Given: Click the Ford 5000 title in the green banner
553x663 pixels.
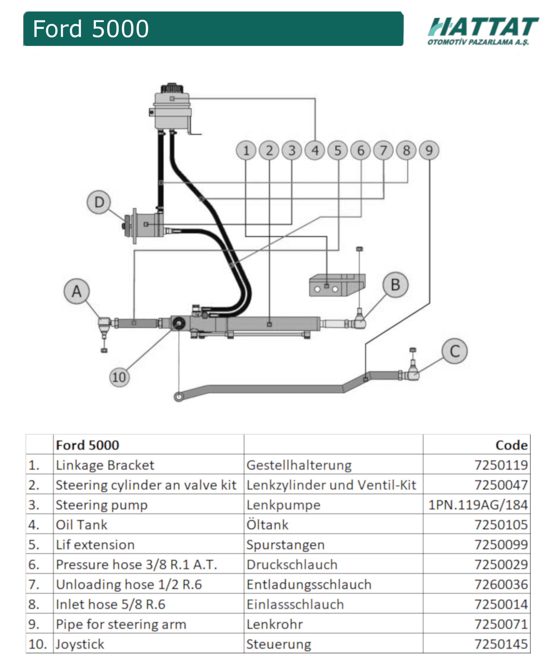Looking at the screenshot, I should click(x=91, y=29).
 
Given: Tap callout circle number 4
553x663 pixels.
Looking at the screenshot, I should click(x=315, y=150).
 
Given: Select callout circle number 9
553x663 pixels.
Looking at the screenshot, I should click(x=429, y=150).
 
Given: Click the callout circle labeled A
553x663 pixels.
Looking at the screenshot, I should click(x=77, y=291).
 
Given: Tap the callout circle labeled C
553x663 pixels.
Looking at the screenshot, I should click(x=454, y=351).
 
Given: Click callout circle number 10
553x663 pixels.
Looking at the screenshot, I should click(x=119, y=377).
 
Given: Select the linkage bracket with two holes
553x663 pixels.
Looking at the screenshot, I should click(x=337, y=285).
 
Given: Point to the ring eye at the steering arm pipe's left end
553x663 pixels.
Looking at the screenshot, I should click(x=179, y=396).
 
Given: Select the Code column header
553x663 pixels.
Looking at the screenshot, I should click(x=511, y=445).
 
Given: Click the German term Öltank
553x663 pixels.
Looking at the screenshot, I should click(x=267, y=525).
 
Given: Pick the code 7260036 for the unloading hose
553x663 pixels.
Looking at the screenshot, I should click(x=501, y=585).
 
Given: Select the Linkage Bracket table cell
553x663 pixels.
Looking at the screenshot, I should click(x=105, y=465).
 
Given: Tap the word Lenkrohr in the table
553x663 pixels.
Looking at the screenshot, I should click(x=274, y=624).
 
